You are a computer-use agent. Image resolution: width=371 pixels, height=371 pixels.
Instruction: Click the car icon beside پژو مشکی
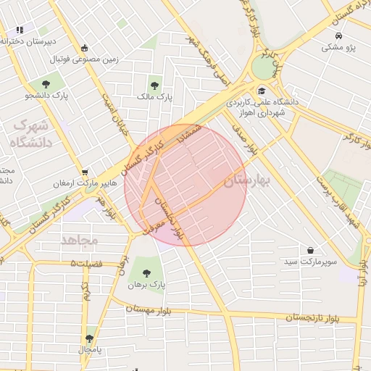[x=338, y=36]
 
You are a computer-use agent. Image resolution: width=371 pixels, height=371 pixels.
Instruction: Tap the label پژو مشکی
[x=338, y=47]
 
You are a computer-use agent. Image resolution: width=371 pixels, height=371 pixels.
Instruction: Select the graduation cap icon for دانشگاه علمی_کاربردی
[x=262, y=91]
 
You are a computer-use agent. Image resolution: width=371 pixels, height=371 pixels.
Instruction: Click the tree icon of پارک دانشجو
[x=46, y=84]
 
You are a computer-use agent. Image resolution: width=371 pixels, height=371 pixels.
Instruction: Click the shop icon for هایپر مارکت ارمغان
[x=86, y=172]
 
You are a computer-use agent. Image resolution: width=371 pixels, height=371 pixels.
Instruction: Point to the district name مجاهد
[x=79, y=239]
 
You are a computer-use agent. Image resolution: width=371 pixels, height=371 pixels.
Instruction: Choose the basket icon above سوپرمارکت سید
[x=311, y=250]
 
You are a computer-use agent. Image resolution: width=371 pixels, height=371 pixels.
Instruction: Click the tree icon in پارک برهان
[x=147, y=273]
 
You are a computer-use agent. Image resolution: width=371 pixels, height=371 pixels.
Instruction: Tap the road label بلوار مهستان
[x=152, y=309]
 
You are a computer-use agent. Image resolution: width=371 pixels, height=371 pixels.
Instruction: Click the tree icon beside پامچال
[x=90, y=338]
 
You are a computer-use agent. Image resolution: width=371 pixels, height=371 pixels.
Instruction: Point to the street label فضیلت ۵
[x=87, y=263]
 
